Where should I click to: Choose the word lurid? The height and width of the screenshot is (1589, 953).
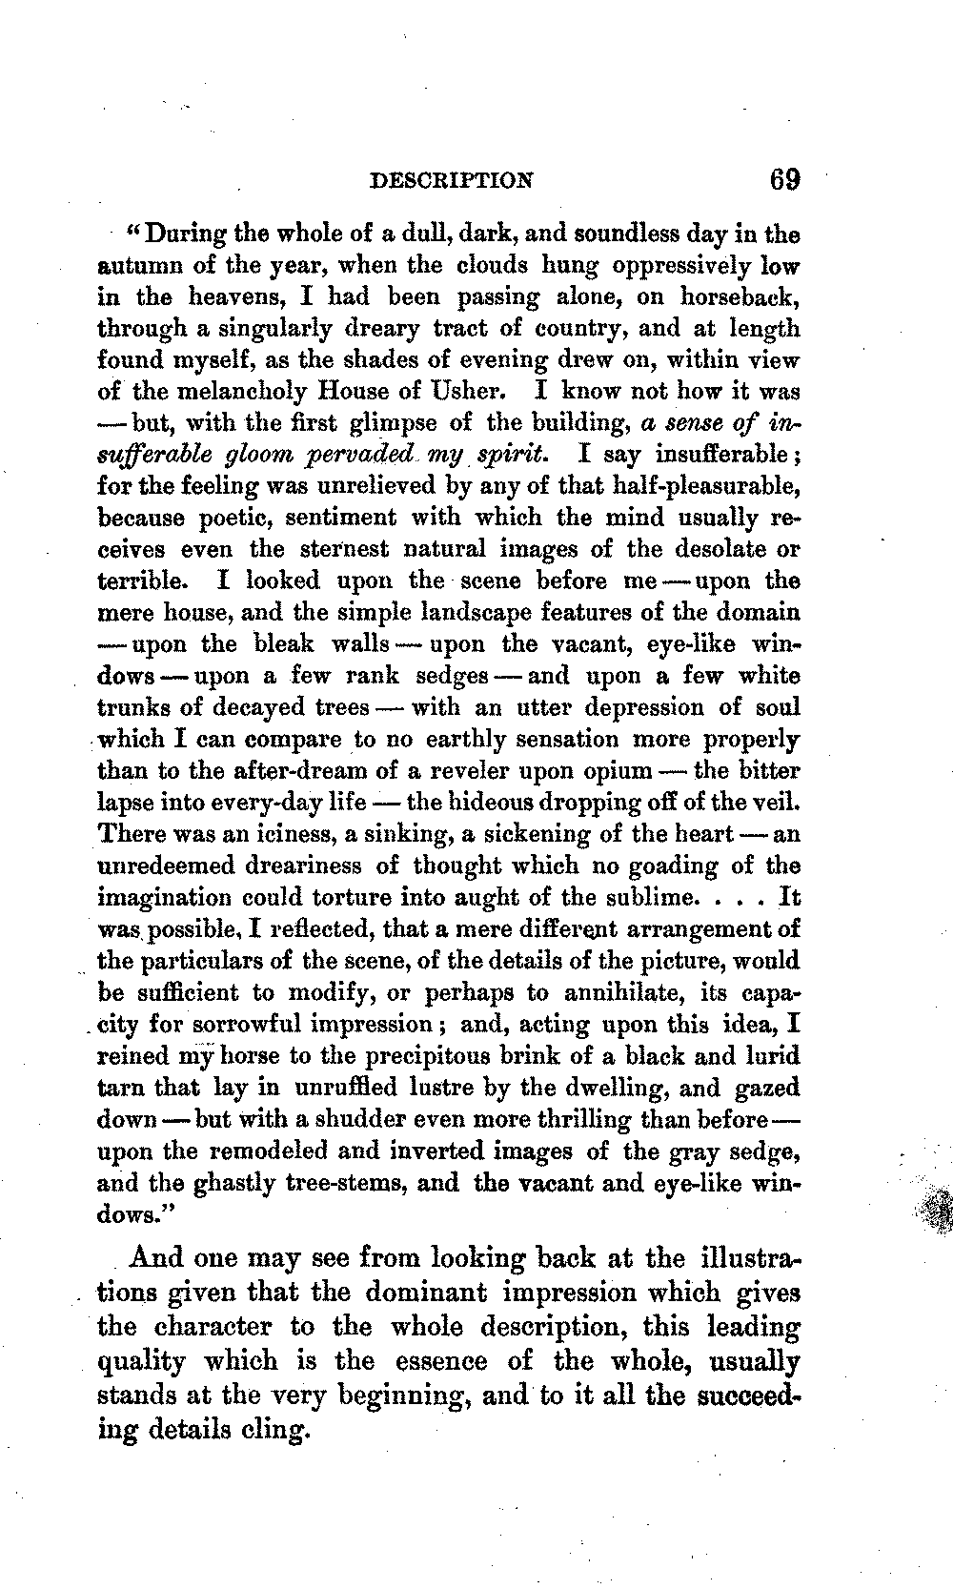(x=774, y=1056)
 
